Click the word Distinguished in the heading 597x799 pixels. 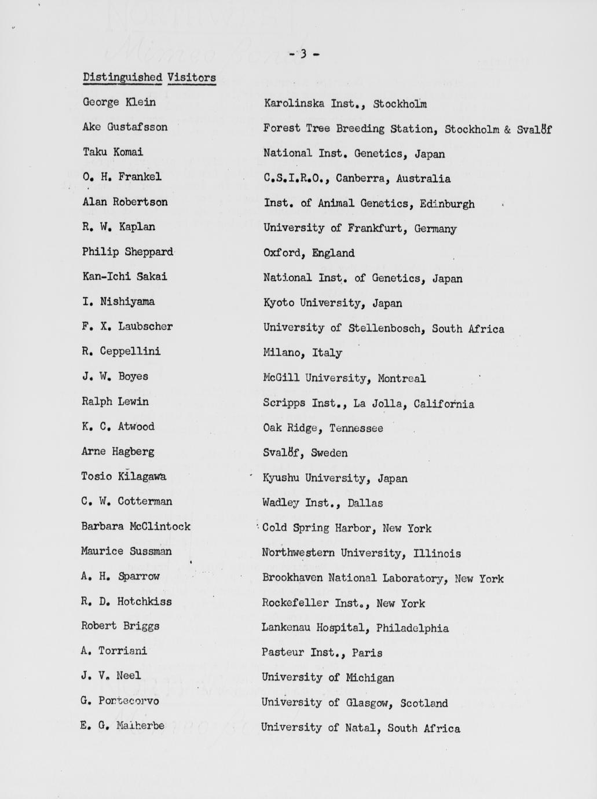point(122,77)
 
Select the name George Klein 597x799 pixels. point(119,102)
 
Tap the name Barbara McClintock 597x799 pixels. point(135,526)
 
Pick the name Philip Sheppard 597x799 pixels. point(127,252)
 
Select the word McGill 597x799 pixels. point(281,378)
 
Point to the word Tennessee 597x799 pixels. point(356,428)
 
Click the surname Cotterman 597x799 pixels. point(145,501)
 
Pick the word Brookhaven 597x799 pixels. point(292,578)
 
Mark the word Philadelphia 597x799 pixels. point(412,628)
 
